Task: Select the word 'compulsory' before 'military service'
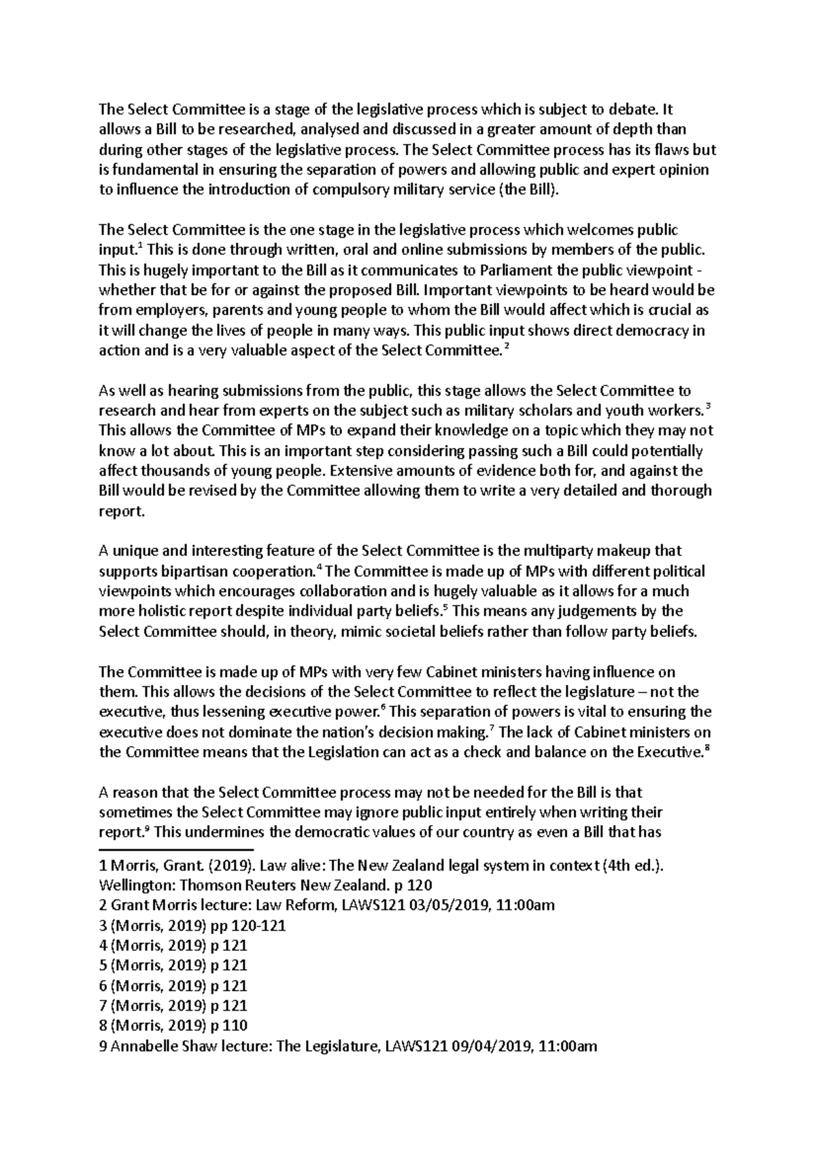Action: pos(345,190)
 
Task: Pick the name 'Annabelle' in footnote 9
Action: pos(145,1046)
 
